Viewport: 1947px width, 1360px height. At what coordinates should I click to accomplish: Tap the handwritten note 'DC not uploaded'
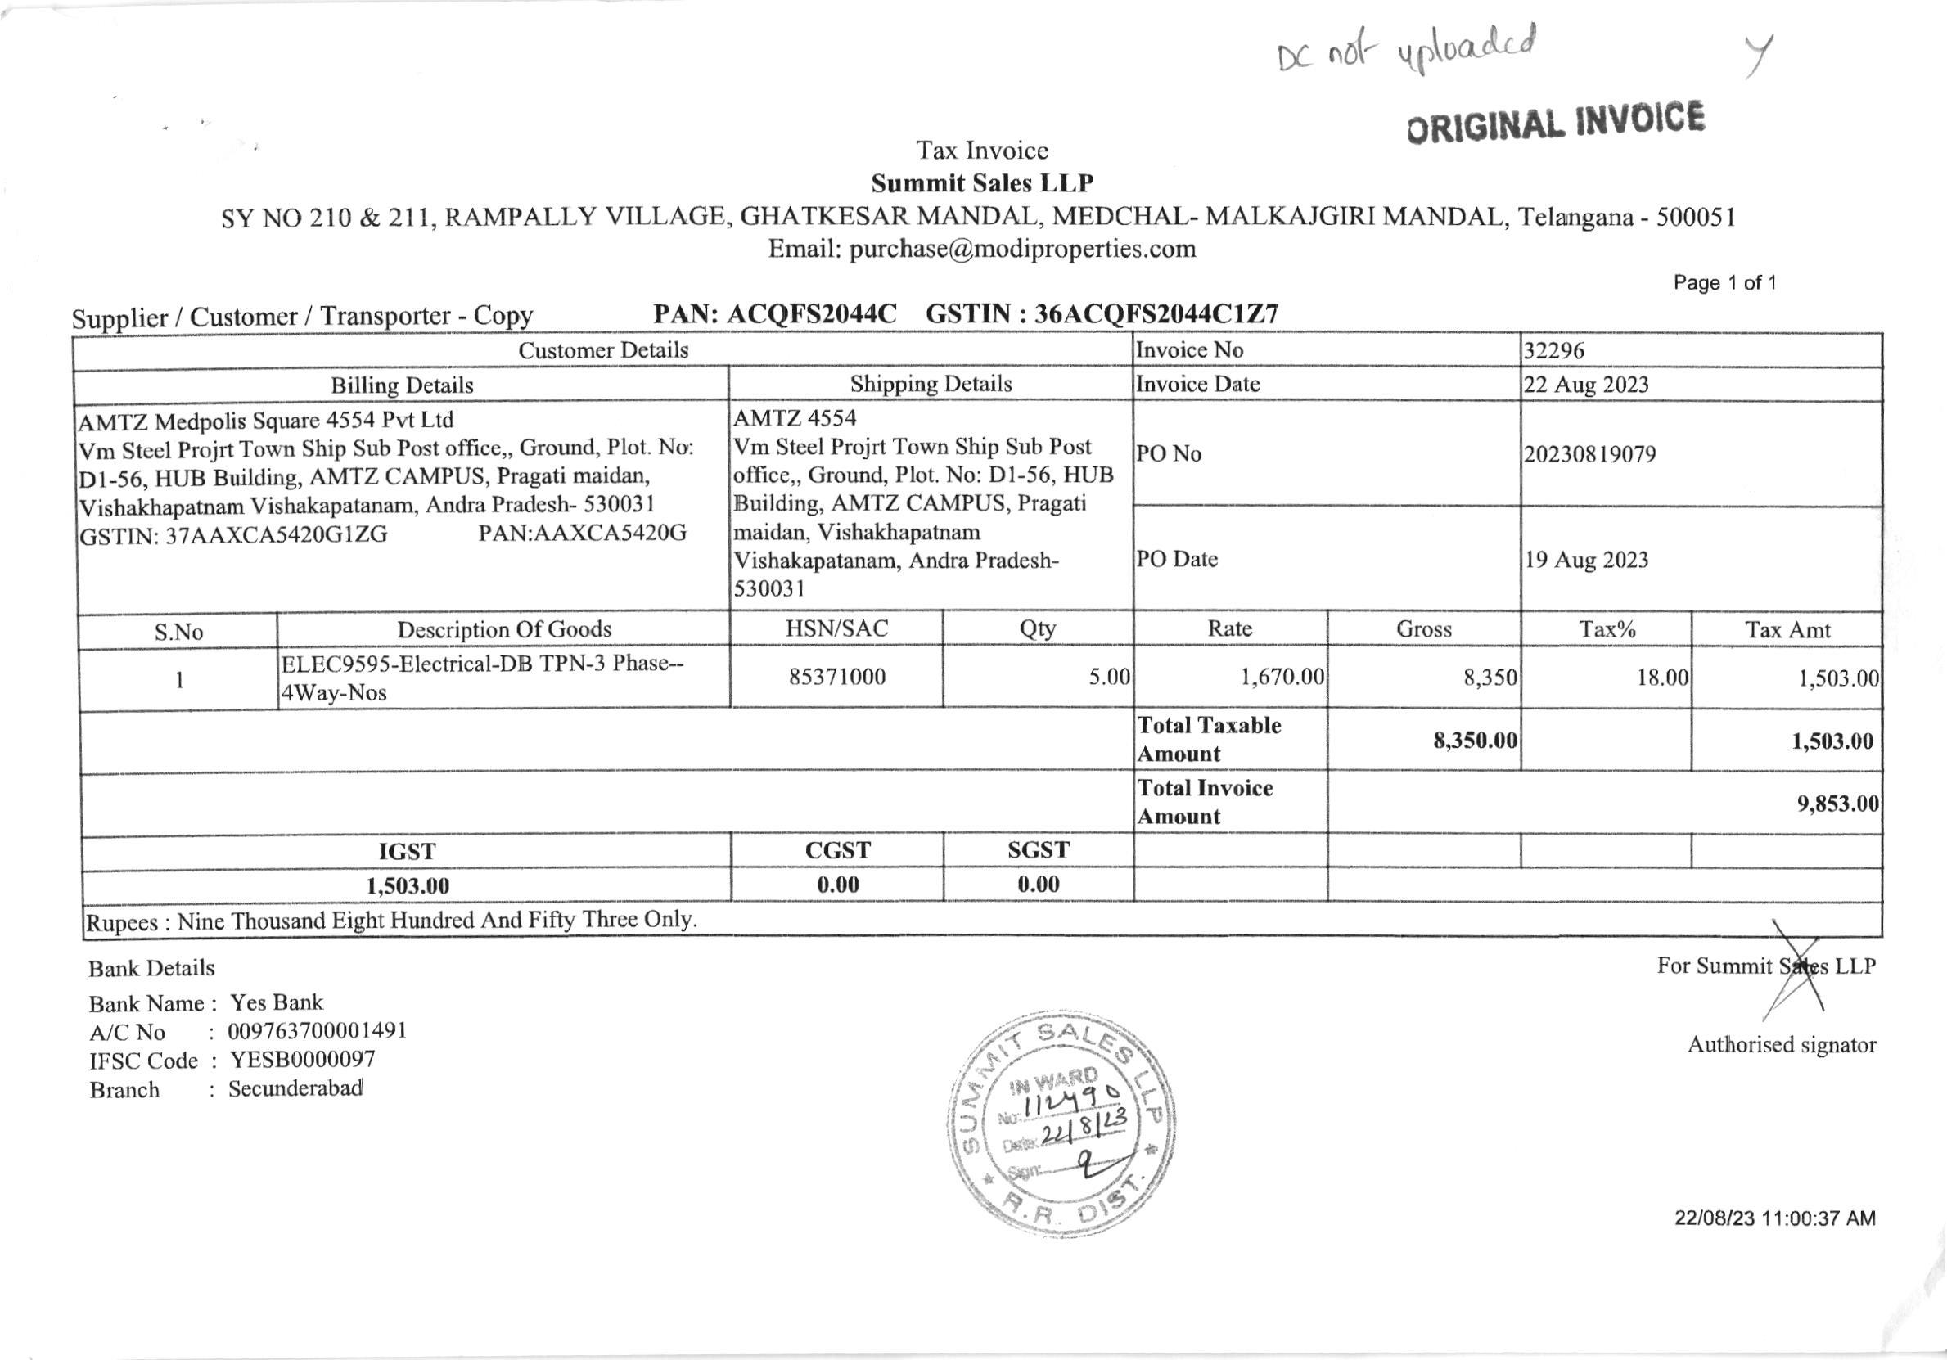click(1408, 47)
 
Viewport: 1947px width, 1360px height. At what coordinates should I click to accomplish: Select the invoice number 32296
click(1553, 351)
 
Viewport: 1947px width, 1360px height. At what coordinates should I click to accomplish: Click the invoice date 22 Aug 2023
click(1586, 385)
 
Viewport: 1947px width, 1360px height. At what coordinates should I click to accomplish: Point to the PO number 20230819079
click(1590, 454)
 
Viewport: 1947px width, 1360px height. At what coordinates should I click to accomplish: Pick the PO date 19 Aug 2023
click(1586, 560)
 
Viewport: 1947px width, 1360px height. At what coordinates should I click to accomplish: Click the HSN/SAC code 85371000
click(837, 677)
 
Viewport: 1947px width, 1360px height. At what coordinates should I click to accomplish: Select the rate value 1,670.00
click(1282, 677)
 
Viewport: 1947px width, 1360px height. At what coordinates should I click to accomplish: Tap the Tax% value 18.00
click(1662, 678)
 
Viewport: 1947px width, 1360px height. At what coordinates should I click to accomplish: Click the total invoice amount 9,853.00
click(1837, 803)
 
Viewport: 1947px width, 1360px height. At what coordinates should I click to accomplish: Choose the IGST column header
click(407, 851)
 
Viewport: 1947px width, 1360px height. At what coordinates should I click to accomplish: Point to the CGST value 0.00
click(838, 885)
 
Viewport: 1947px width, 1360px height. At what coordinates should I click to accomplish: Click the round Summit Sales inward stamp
click(1061, 1124)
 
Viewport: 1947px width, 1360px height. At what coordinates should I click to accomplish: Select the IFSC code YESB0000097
click(302, 1060)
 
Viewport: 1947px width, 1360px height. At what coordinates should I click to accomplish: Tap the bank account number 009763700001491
click(318, 1031)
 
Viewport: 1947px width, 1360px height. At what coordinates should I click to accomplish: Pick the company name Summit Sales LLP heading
click(982, 183)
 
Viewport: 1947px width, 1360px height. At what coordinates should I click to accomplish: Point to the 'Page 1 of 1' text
click(1724, 282)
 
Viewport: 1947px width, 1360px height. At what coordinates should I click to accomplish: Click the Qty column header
click(1037, 629)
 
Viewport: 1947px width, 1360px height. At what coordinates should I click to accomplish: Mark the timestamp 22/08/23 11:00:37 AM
click(1774, 1218)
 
